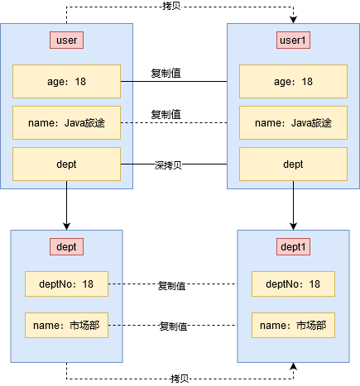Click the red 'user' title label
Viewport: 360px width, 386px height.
point(66,40)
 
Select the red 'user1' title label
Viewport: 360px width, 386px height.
point(293,40)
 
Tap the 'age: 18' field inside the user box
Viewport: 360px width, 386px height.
point(66,82)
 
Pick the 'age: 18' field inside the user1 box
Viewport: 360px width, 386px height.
point(293,82)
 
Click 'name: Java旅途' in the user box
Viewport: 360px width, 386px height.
point(66,123)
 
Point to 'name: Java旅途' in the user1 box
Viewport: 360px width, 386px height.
point(293,123)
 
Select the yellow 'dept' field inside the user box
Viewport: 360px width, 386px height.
point(66,164)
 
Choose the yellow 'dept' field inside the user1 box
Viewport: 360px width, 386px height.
point(293,164)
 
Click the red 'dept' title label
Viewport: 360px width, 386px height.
point(66,246)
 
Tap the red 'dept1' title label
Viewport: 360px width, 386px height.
point(293,246)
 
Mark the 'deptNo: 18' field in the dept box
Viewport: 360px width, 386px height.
point(66,284)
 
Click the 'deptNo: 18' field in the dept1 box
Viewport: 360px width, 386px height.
point(293,284)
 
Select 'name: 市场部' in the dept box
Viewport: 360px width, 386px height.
point(66,326)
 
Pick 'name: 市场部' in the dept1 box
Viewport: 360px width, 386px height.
point(293,326)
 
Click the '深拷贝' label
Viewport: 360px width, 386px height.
point(168,165)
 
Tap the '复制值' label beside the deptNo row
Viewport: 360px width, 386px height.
point(172,286)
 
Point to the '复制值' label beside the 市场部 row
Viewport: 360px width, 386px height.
point(173,326)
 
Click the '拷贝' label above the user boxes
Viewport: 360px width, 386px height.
point(174,6)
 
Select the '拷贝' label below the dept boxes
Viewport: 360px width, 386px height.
point(180,378)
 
